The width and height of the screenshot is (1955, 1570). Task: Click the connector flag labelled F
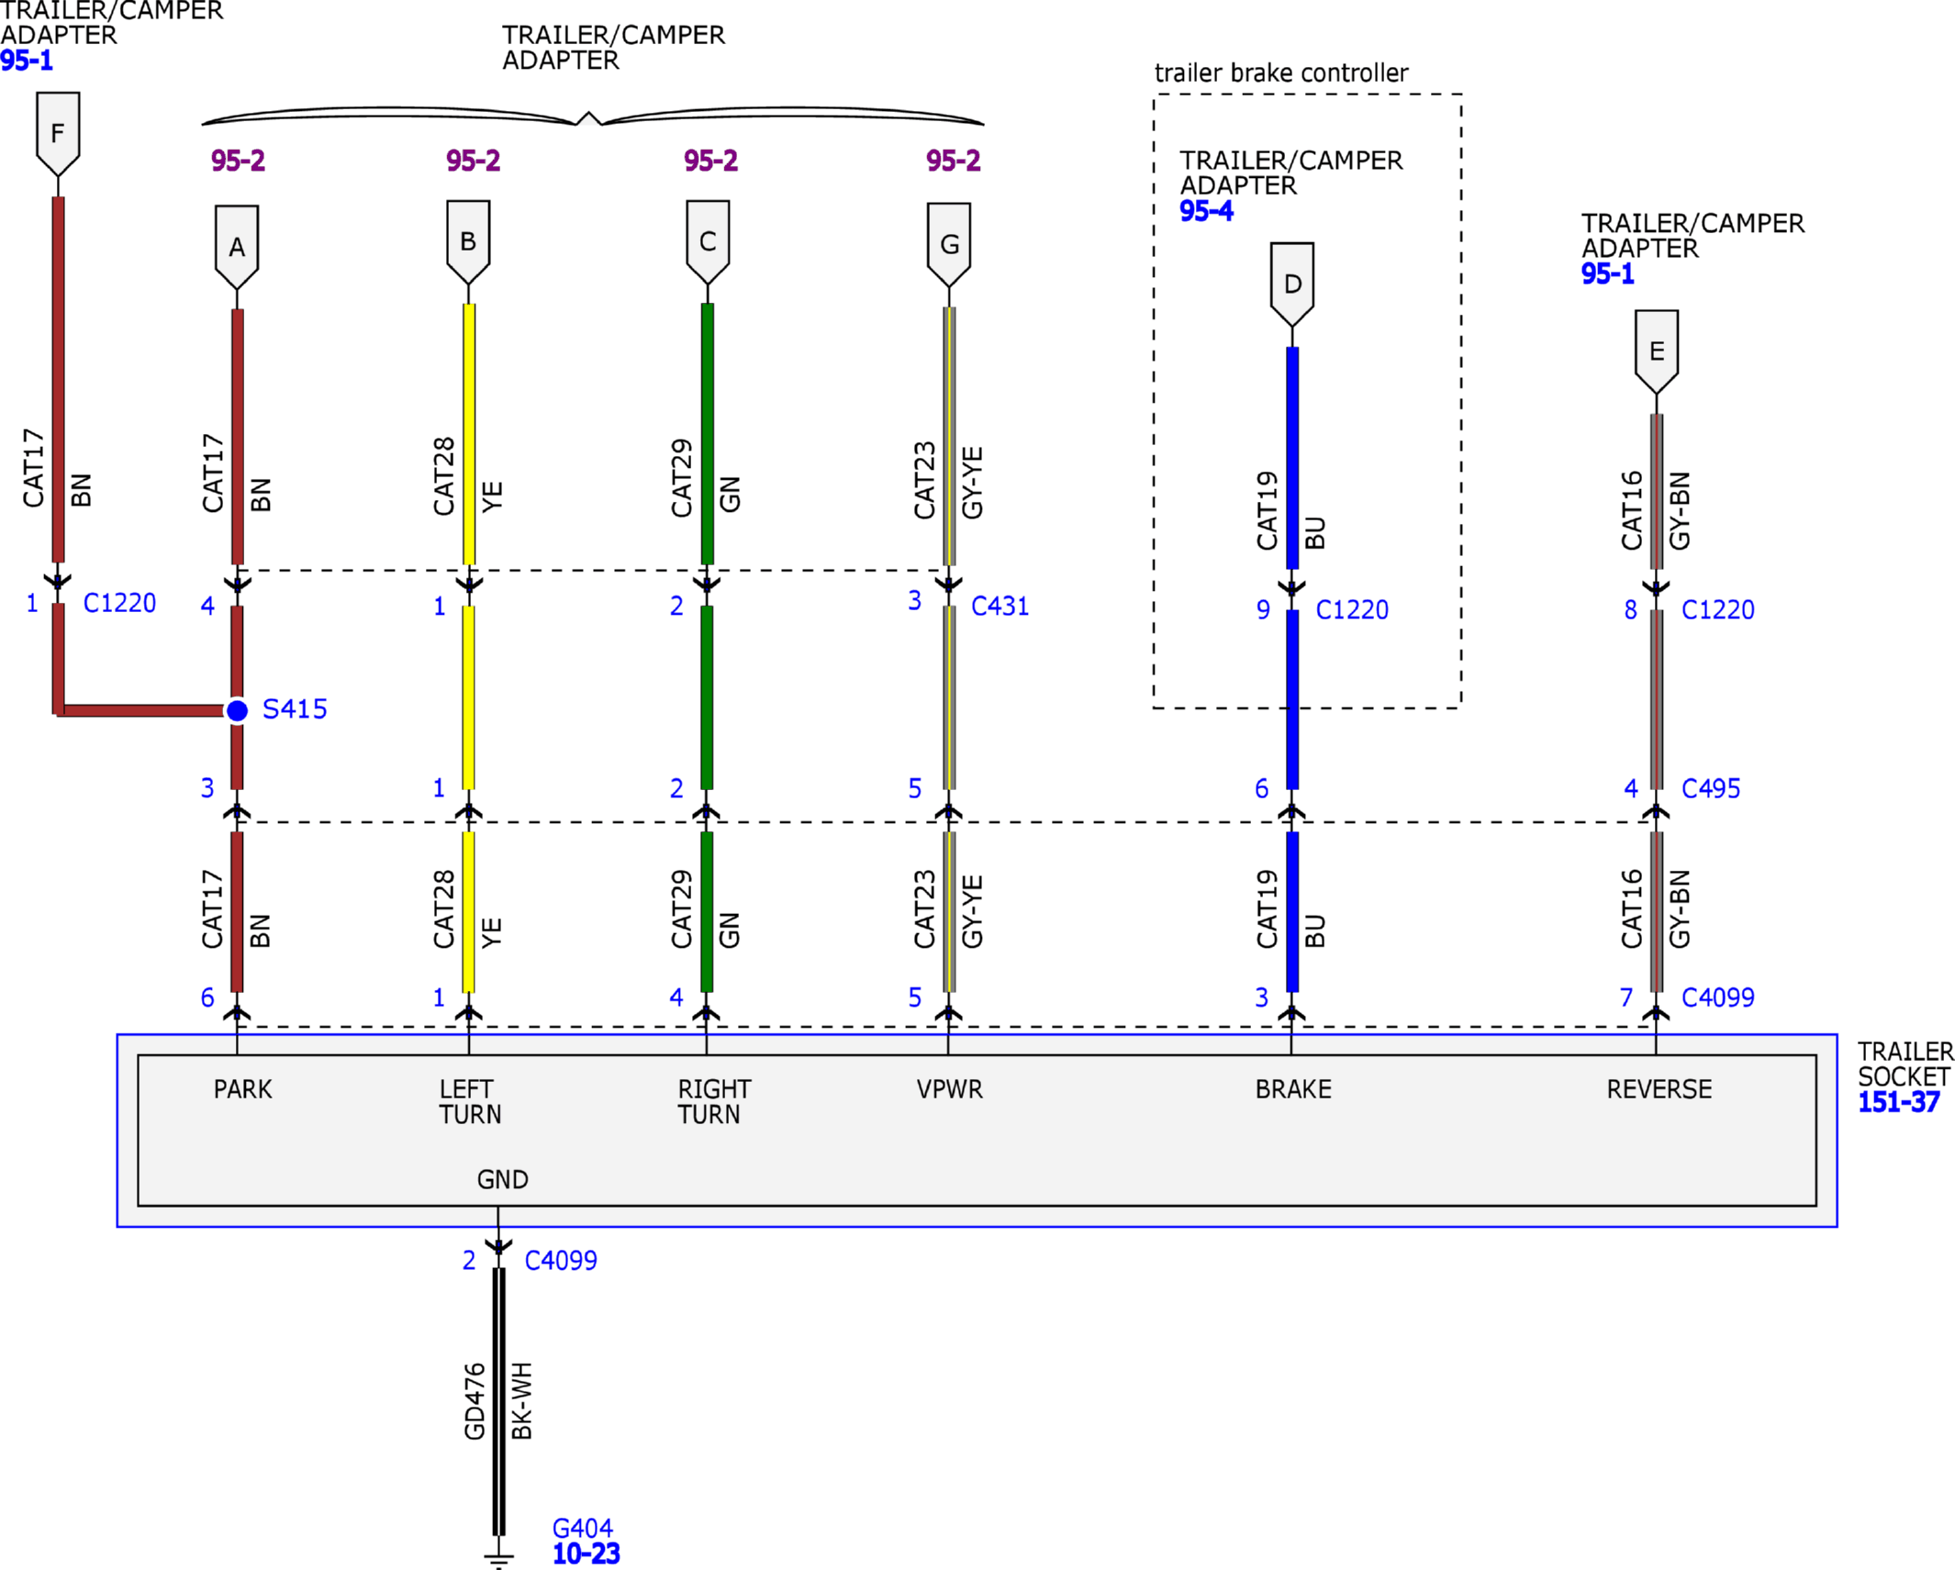click(58, 133)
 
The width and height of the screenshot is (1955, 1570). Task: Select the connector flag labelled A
click(237, 246)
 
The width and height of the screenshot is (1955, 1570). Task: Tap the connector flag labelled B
click(468, 241)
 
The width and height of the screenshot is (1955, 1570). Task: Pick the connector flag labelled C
click(708, 241)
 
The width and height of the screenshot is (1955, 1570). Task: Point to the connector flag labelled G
click(949, 244)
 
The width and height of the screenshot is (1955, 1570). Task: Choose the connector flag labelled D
click(1292, 284)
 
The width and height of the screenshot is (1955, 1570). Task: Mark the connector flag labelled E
click(1657, 351)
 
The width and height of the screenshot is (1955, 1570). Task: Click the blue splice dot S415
click(237, 710)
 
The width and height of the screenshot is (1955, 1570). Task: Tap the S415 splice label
click(295, 709)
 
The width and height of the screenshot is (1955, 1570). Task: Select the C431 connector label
click(1000, 606)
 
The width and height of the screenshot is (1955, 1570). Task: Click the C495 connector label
click(1711, 788)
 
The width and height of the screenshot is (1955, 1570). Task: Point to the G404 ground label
click(582, 1528)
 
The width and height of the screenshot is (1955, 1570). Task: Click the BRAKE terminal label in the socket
click(1293, 1089)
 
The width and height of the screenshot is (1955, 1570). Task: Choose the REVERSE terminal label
click(1659, 1089)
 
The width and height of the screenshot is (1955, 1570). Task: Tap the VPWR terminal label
click(949, 1089)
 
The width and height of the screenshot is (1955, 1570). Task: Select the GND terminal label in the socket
click(502, 1179)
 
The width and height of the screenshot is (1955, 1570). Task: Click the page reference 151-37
click(1898, 1102)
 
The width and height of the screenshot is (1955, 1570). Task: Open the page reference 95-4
click(1206, 211)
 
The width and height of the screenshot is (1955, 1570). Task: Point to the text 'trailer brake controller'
click(1281, 72)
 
